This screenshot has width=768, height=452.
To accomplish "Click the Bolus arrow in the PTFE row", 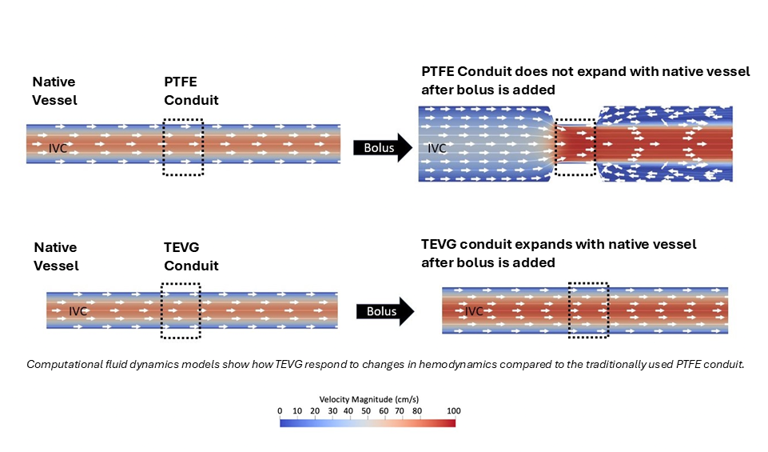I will [383, 148].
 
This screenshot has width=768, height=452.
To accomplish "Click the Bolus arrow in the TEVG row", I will [384, 311].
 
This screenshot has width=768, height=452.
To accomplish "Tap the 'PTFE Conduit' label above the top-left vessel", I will [191, 91].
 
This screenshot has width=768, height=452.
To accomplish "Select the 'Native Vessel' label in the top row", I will [55, 91].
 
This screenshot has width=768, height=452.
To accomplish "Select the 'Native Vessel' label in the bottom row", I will [55, 257].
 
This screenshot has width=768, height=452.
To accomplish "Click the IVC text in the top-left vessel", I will [58, 147].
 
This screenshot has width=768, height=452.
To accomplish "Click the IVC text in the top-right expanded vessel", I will [437, 147].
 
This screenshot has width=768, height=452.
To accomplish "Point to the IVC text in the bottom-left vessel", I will [78, 311].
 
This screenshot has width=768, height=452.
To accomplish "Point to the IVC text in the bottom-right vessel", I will [475, 310].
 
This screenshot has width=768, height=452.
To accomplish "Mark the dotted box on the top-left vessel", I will [183, 147].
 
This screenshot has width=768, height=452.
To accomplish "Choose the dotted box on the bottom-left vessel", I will [181, 310].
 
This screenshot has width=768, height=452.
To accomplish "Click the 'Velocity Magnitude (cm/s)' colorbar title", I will [367, 398].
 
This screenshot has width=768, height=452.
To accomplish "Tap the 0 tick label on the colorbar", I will [280, 410].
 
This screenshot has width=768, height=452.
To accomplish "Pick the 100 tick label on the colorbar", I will [454, 410].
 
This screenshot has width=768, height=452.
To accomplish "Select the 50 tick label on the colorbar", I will [367, 410].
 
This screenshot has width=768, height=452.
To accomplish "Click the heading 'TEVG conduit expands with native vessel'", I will [559, 244].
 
